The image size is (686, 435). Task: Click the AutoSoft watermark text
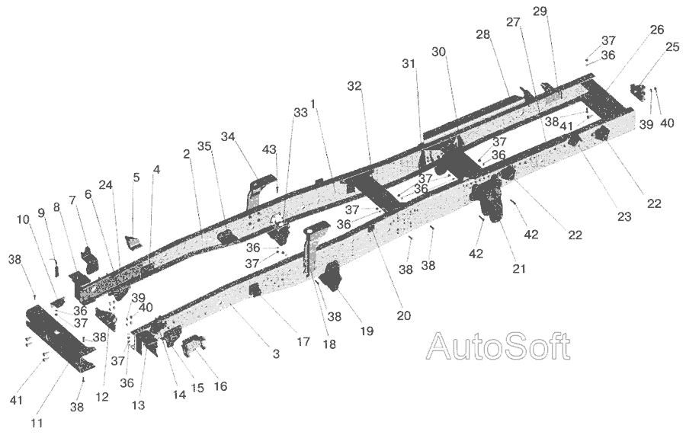coord(498,347)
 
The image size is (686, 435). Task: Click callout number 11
coord(37,423)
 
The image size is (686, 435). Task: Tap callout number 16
coord(220,386)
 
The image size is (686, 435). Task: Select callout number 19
coord(367,331)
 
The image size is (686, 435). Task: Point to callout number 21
coord(519,268)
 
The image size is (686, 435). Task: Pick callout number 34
coord(227,136)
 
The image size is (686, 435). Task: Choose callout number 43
coord(269,149)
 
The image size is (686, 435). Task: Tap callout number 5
coord(136,178)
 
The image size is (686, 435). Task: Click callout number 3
coord(276,353)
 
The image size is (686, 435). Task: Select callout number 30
coord(438,52)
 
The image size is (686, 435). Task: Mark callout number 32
coord(354,86)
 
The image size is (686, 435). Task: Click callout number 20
coord(403,315)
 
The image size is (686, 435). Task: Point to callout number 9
coord(41,213)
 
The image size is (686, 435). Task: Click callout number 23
coord(624,216)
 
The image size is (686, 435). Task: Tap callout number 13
coord(138,405)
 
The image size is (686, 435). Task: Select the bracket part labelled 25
coord(637,93)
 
